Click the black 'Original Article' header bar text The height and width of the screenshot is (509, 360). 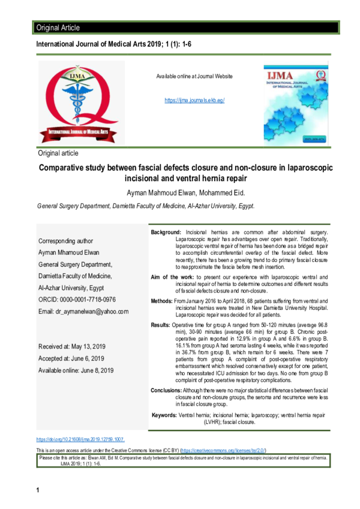pyautogui.click(x=58, y=28)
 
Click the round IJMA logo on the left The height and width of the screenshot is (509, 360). pyautogui.click(x=81, y=103)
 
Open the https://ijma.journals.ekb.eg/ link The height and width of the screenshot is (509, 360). pyautogui.click(x=194, y=101)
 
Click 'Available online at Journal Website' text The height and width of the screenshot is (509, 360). pyautogui.click(x=194, y=77)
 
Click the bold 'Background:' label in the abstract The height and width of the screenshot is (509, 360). pyautogui.click(x=166, y=231)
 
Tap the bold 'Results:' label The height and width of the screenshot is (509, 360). pyautogui.click(x=160, y=324)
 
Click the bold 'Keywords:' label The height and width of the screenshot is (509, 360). pyautogui.click(x=164, y=415)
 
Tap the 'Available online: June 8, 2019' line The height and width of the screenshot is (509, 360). pyautogui.click(x=76, y=371)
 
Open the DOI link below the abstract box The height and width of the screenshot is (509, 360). pyautogui.click(x=80, y=439)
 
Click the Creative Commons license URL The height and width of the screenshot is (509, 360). pyautogui.click(x=223, y=450)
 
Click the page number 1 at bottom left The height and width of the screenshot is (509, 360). pyautogui.click(x=37, y=492)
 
